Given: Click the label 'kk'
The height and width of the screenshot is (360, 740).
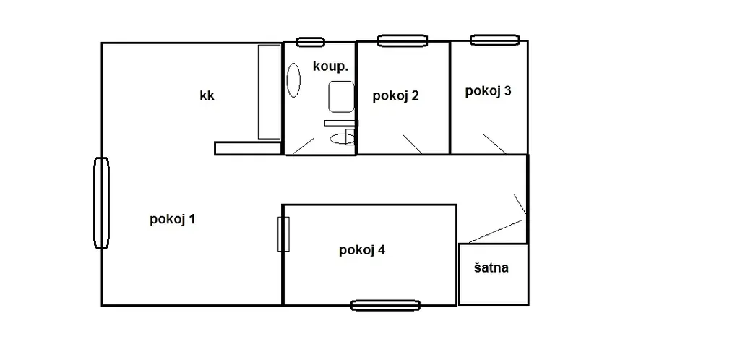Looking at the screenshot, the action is tap(207, 95).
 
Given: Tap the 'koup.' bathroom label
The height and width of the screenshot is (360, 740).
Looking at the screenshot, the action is tap(330, 67).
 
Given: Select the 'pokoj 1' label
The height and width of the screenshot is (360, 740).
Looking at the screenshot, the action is tap(172, 220).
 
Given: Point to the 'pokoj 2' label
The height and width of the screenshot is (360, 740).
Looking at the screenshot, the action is tap(395, 95).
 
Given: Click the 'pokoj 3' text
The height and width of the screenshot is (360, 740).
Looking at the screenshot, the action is tap(488, 91).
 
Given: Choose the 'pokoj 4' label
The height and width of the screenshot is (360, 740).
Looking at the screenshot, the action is tap(362, 251).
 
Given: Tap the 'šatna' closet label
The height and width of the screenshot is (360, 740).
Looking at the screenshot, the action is tap(491, 268).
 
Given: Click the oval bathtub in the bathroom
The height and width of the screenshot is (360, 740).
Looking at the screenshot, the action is tap(293, 80).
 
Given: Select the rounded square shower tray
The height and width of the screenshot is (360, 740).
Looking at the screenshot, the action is tap(341, 97).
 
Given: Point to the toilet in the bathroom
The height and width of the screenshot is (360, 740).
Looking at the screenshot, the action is tap(341, 138).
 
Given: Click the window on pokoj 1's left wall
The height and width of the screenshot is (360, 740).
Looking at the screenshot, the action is tap(101, 202).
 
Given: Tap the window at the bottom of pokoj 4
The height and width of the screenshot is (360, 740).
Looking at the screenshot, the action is tap(386, 305).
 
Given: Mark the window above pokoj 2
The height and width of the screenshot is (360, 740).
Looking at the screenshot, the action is tap(403, 40).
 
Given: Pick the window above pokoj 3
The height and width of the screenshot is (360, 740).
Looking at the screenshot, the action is tap(494, 40).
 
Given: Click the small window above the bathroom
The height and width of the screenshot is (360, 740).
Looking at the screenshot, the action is tap(311, 42).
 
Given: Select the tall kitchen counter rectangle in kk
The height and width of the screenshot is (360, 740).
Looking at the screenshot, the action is tap(270, 92).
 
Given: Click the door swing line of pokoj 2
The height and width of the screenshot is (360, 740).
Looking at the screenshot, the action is tap(413, 145).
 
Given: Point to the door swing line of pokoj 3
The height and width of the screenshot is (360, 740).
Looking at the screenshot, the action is tap(494, 143).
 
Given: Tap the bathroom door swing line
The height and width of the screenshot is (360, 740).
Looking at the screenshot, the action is tap(303, 146).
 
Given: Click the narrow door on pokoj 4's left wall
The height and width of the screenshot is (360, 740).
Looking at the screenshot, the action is tap(283, 234).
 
